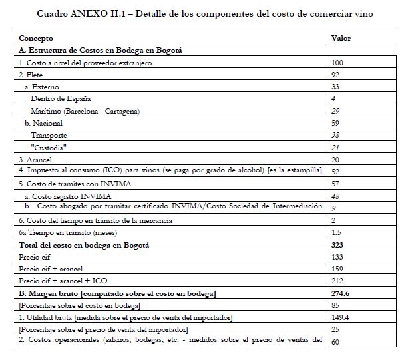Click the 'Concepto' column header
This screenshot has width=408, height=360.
tap(36, 39)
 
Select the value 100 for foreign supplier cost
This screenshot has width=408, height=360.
tap(337, 62)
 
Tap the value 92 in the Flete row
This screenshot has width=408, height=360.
tap(335, 75)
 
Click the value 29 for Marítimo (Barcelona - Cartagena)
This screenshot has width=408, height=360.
tap(335, 111)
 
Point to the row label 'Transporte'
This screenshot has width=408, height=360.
tap(49, 136)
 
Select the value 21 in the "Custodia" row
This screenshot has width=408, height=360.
tap(335, 148)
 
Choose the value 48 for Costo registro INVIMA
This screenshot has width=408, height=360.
tap(335, 197)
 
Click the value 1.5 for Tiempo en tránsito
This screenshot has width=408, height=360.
tap(335, 233)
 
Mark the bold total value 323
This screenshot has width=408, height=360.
tap(337, 246)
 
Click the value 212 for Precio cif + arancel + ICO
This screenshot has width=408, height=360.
tap(337, 282)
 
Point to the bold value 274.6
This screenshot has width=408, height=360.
tap(339, 294)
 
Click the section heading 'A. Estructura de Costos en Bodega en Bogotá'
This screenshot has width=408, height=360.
tap(101, 50)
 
